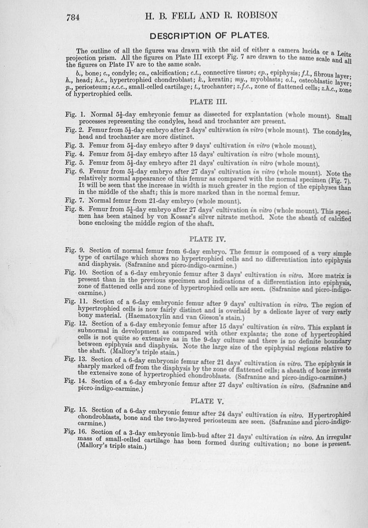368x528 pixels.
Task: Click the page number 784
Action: [x=74, y=17]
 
